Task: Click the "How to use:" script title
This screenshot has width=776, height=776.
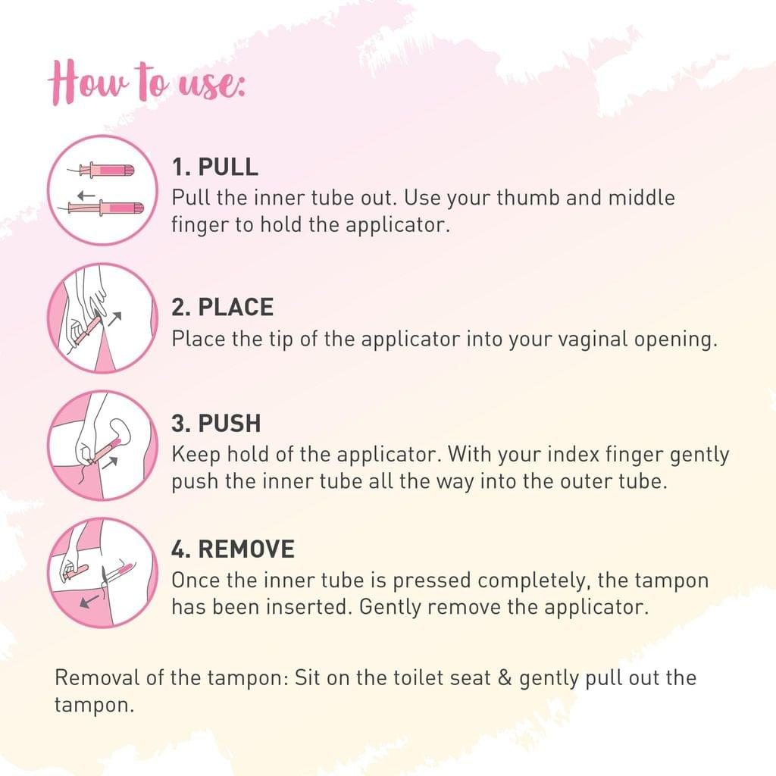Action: tap(146, 82)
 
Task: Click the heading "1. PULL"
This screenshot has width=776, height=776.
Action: tap(214, 167)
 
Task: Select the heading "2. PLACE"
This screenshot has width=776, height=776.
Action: tap(222, 308)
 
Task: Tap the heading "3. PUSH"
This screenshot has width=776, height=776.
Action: tap(216, 424)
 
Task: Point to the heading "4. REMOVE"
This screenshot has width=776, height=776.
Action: tap(233, 549)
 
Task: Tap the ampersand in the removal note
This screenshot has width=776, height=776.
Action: tap(505, 678)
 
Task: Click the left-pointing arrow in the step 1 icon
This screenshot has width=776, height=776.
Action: tap(86, 196)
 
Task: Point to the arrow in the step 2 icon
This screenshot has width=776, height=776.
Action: tap(114, 319)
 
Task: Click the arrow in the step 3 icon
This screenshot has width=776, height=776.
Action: tap(110, 463)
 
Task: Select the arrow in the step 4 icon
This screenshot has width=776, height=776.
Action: tap(89, 601)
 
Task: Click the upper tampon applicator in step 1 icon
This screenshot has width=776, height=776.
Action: tap(102, 171)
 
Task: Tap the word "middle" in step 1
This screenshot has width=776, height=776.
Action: tap(641, 198)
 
